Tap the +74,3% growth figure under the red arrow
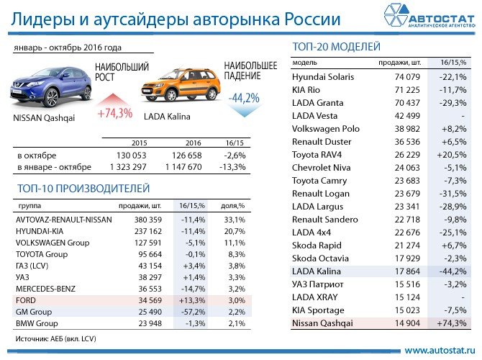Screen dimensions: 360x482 point(115,112)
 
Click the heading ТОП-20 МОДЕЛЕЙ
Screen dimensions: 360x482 point(337,48)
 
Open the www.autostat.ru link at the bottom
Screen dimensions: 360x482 point(440,350)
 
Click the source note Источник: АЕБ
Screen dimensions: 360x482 point(55,338)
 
